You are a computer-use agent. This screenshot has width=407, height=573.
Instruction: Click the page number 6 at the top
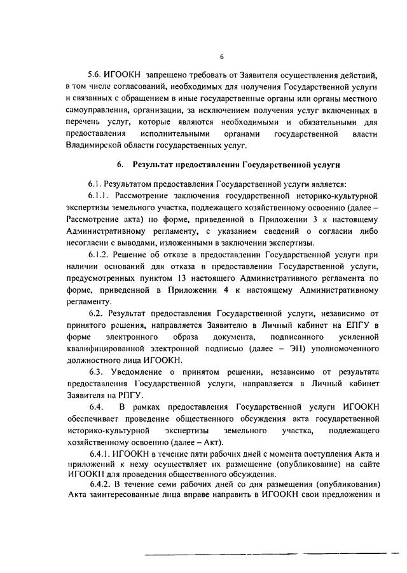point(204,57)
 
